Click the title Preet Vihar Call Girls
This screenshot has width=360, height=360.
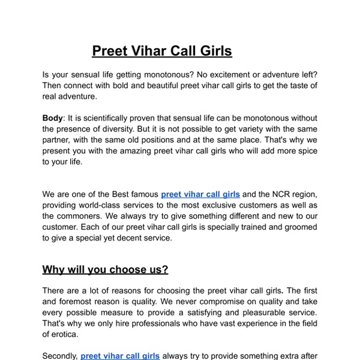click(162, 51)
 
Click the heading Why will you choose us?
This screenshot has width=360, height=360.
click(105, 269)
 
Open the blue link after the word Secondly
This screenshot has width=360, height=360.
click(120, 356)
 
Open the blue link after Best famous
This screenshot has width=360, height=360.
click(200, 194)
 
